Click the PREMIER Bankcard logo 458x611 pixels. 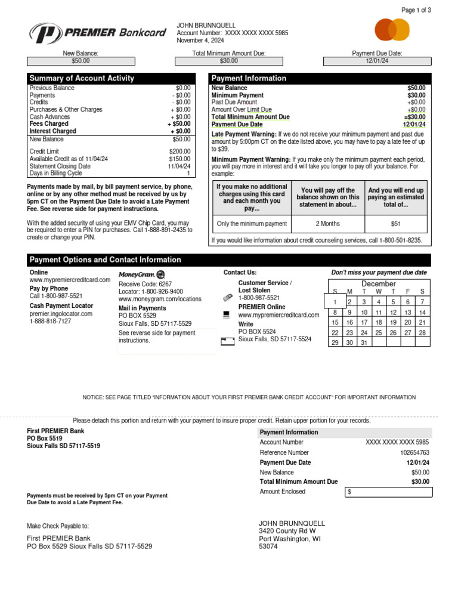pyautogui.click(x=98, y=33)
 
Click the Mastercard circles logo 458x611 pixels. pyautogui.click(x=392, y=29)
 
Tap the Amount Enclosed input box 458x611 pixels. pyautogui.click(x=388, y=492)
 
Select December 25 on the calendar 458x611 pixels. pyautogui.click(x=379, y=333)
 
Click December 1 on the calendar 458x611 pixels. pyautogui.click(x=335, y=302)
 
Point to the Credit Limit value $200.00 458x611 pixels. pyautogui.click(x=180, y=152)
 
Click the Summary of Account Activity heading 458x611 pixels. pyautogui.click(x=82, y=78)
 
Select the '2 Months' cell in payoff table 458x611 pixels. pyautogui.click(x=327, y=224)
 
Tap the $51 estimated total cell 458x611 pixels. pyautogui.click(x=396, y=224)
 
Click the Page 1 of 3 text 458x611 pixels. pyautogui.click(x=416, y=10)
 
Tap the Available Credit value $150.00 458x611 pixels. pyautogui.click(x=180, y=159)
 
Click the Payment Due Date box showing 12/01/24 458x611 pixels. pyautogui.click(x=377, y=61)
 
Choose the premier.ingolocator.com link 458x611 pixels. pyautogui.click(x=61, y=313)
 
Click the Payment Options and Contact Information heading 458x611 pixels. pyautogui.click(x=105, y=260)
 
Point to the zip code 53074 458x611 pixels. pyautogui.click(x=268, y=546)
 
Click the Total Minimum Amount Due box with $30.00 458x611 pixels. pyautogui.click(x=228, y=61)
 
